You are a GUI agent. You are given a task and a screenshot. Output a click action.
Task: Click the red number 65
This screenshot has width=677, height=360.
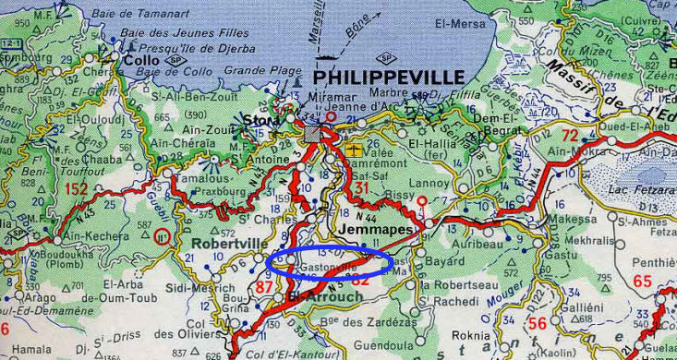pyautogui.click(x=643, y=282)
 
